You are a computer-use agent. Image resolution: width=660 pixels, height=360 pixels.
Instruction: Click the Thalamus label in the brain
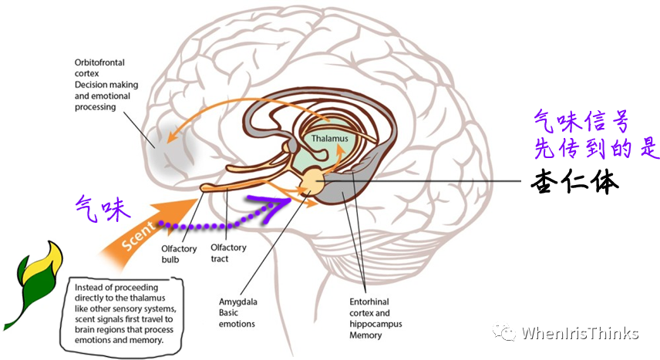point(330,139)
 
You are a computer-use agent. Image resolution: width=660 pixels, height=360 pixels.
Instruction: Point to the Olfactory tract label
point(229,253)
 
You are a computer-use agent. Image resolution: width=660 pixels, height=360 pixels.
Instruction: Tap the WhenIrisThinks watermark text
point(580,333)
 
